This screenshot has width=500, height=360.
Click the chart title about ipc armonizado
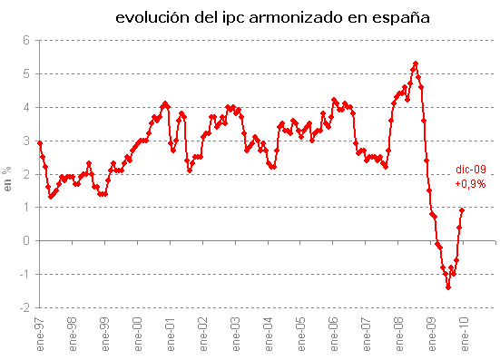click(x=271, y=17)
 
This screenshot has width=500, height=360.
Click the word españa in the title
click(x=398, y=17)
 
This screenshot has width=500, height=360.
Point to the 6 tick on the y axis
click(x=26, y=40)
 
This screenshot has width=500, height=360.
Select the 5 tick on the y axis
click(x=26, y=73)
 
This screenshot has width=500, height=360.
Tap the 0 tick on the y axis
click(x=26, y=240)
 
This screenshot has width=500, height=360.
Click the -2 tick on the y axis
click(x=25, y=307)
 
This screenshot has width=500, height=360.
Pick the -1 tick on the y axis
click(x=25, y=274)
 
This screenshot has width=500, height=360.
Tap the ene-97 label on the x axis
click(x=40, y=333)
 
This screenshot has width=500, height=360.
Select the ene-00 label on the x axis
click(x=138, y=333)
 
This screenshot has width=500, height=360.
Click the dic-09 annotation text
click(x=470, y=170)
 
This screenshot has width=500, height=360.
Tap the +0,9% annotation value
click(x=470, y=182)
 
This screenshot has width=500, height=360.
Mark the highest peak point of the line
click(x=416, y=63)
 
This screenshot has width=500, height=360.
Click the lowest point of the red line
click(x=448, y=287)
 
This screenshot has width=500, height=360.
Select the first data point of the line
click(x=40, y=143)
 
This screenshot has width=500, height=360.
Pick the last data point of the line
click(x=462, y=210)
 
